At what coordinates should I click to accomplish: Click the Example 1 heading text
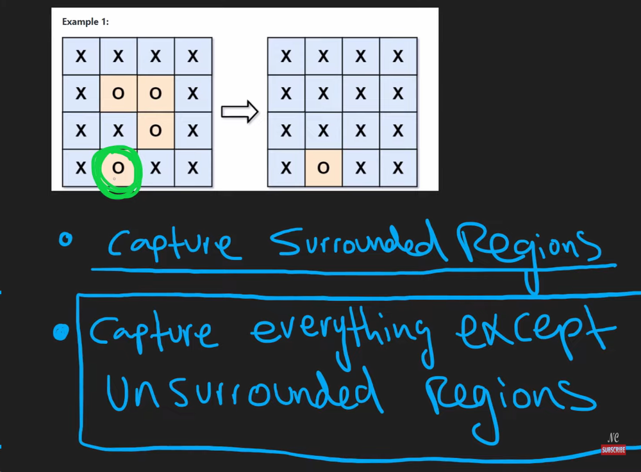pyautogui.click(x=85, y=22)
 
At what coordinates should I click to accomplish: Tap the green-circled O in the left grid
pyautogui.click(x=117, y=168)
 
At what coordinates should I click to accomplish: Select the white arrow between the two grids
pyautogui.click(x=239, y=112)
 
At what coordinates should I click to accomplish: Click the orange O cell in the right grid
pyautogui.click(x=323, y=168)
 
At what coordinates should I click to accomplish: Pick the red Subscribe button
pyautogui.click(x=613, y=450)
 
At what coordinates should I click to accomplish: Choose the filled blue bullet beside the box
pyautogui.click(x=62, y=332)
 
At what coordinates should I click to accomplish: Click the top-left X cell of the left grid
pyautogui.click(x=81, y=56)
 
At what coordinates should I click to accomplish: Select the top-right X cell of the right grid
pyautogui.click(x=398, y=56)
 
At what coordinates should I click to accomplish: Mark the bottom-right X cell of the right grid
pyautogui.click(x=398, y=168)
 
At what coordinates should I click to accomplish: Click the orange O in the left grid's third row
pyautogui.click(x=155, y=131)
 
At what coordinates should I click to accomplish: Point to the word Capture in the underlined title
pyautogui.click(x=170, y=245)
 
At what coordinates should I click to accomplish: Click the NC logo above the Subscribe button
pyautogui.click(x=613, y=438)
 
